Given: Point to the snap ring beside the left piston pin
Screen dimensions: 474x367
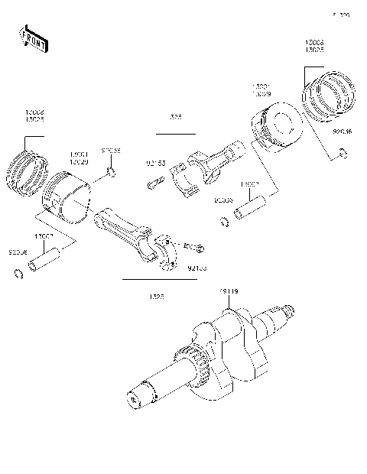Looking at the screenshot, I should click(17, 275).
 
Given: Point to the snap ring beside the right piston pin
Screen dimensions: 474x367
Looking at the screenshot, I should click(225, 223).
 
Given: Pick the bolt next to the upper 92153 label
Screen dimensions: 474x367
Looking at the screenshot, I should click(154, 183).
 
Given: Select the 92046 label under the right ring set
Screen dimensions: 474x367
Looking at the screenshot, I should click(343, 131).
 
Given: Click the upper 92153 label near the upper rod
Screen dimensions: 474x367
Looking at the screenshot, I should click(156, 162).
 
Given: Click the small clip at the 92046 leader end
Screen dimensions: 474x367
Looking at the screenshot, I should click(343, 157).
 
